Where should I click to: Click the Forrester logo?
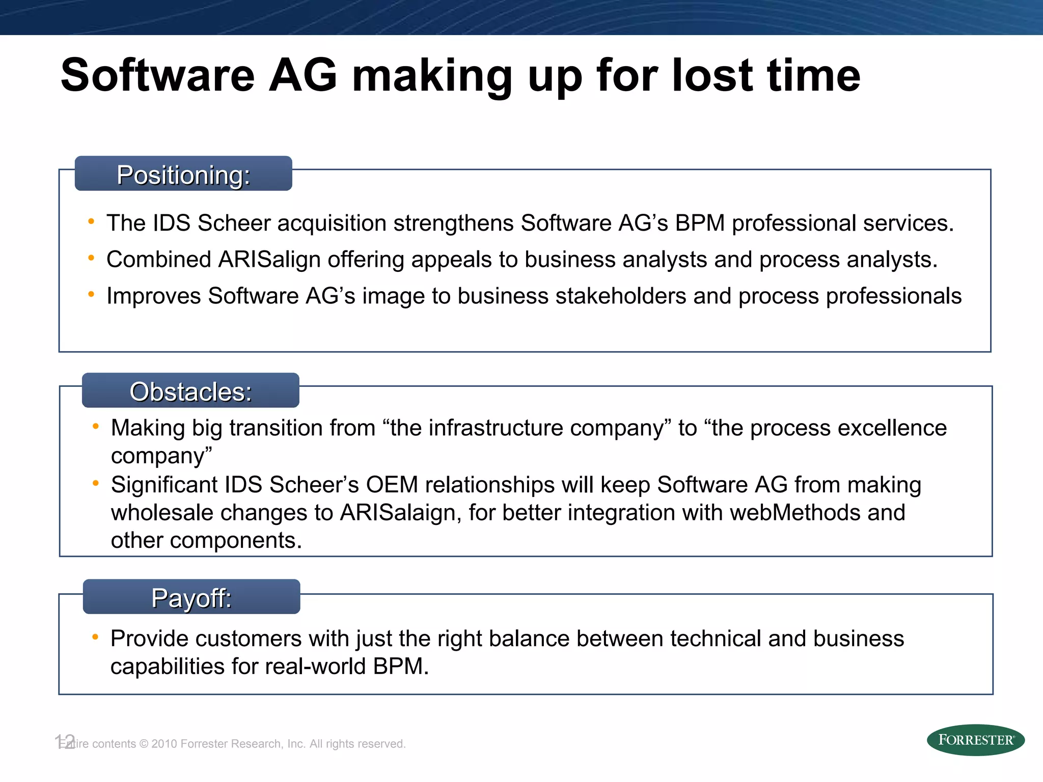click(975, 740)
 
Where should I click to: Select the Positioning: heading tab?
click(183, 174)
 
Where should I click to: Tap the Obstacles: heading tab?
click(190, 391)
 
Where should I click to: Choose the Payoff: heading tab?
click(191, 597)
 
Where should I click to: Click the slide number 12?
click(65, 741)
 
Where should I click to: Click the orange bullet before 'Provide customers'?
click(95, 636)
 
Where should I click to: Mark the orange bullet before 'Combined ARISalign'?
click(91, 258)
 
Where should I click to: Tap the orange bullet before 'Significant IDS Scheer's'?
click(96, 483)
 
